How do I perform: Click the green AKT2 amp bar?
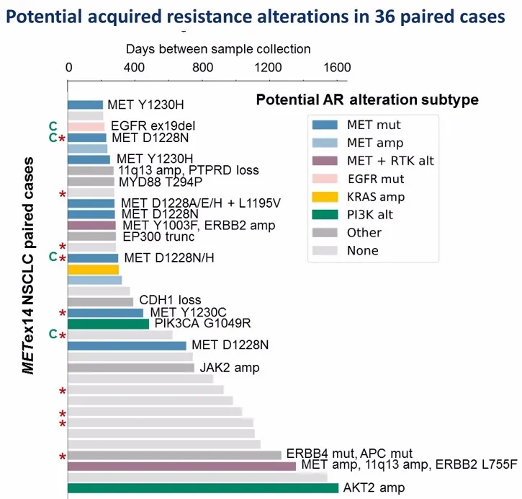202,488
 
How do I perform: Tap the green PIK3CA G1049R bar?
108,324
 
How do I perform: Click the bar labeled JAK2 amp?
130,368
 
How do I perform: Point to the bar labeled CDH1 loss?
100,301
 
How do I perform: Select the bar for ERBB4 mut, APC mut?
174,455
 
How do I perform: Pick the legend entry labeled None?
362,251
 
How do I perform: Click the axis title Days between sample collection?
218,49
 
